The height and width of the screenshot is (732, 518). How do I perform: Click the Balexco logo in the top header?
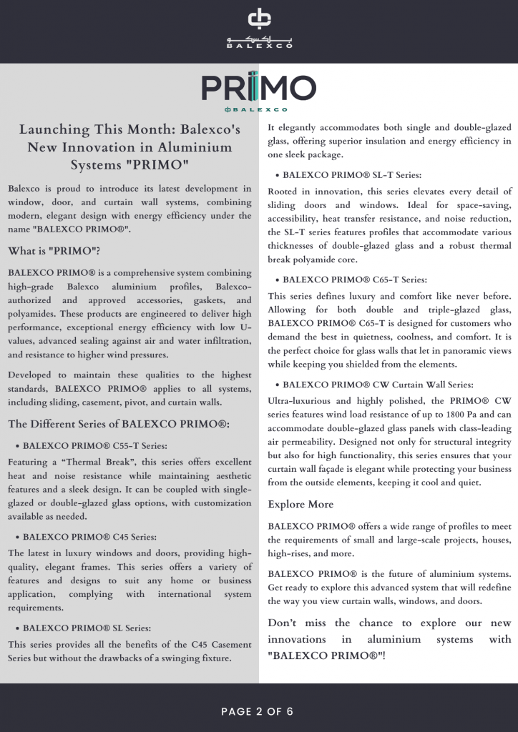pyautogui.click(x=259, y=29)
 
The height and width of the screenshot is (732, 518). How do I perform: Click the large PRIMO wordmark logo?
pyautogui.click(x=258, y=89)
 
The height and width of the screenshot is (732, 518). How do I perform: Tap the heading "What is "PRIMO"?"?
pyautogui.click(x=54, y=251)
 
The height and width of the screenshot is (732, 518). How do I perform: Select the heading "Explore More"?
pyautogui.click(x=300, y=505)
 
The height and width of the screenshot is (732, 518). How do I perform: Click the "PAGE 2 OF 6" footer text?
pyautogui.click(x=258, y=711)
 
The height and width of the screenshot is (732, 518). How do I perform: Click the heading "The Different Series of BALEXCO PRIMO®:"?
pyautogui.click(x=119, y=424)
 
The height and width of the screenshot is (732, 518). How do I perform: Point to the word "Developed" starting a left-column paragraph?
pyautogui.click(x=33, y=375)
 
